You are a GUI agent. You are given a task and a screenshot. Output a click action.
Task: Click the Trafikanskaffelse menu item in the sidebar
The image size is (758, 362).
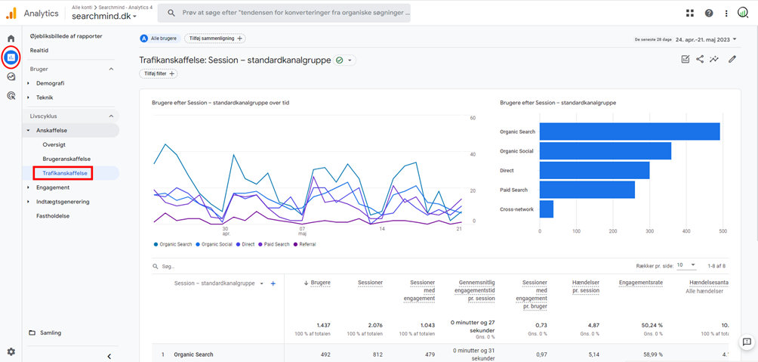click(64, 173)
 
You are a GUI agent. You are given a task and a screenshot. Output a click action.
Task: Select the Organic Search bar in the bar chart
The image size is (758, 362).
click(629, 131)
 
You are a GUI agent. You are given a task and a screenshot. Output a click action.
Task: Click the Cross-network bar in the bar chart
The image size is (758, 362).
click(547, 209)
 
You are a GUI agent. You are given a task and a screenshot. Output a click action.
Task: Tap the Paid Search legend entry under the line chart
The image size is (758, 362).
click(276, 244)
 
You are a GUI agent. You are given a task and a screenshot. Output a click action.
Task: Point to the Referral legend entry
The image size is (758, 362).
click(306, 244)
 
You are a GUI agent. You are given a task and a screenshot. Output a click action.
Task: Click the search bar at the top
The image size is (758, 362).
click(287, 13)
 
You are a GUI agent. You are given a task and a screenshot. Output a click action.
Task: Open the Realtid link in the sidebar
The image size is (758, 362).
click(39, 50)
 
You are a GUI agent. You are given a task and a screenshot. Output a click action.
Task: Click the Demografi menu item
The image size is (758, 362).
click(50, 83)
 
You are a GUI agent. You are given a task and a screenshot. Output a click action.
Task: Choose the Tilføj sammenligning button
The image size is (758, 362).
click(214, 39)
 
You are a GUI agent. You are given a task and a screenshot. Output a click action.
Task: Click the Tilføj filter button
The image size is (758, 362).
click(157, 73)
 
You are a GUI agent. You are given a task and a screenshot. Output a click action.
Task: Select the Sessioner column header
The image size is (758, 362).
click(370, 283)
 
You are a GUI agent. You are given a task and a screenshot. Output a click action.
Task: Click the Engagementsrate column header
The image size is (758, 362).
click(640, 283)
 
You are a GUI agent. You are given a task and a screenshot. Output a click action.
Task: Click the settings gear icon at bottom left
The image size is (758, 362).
click(11, 351)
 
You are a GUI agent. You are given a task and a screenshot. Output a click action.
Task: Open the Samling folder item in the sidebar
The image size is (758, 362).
click(50, 333)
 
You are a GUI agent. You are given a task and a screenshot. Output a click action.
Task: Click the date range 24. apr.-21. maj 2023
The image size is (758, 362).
click(705, 39)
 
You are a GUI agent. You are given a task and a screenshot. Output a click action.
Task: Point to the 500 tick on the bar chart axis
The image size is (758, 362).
click(723, 231)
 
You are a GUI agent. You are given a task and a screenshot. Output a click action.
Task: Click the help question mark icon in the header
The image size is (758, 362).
click(708, 13)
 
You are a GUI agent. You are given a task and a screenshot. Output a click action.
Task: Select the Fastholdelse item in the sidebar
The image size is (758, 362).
click(53, 215)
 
